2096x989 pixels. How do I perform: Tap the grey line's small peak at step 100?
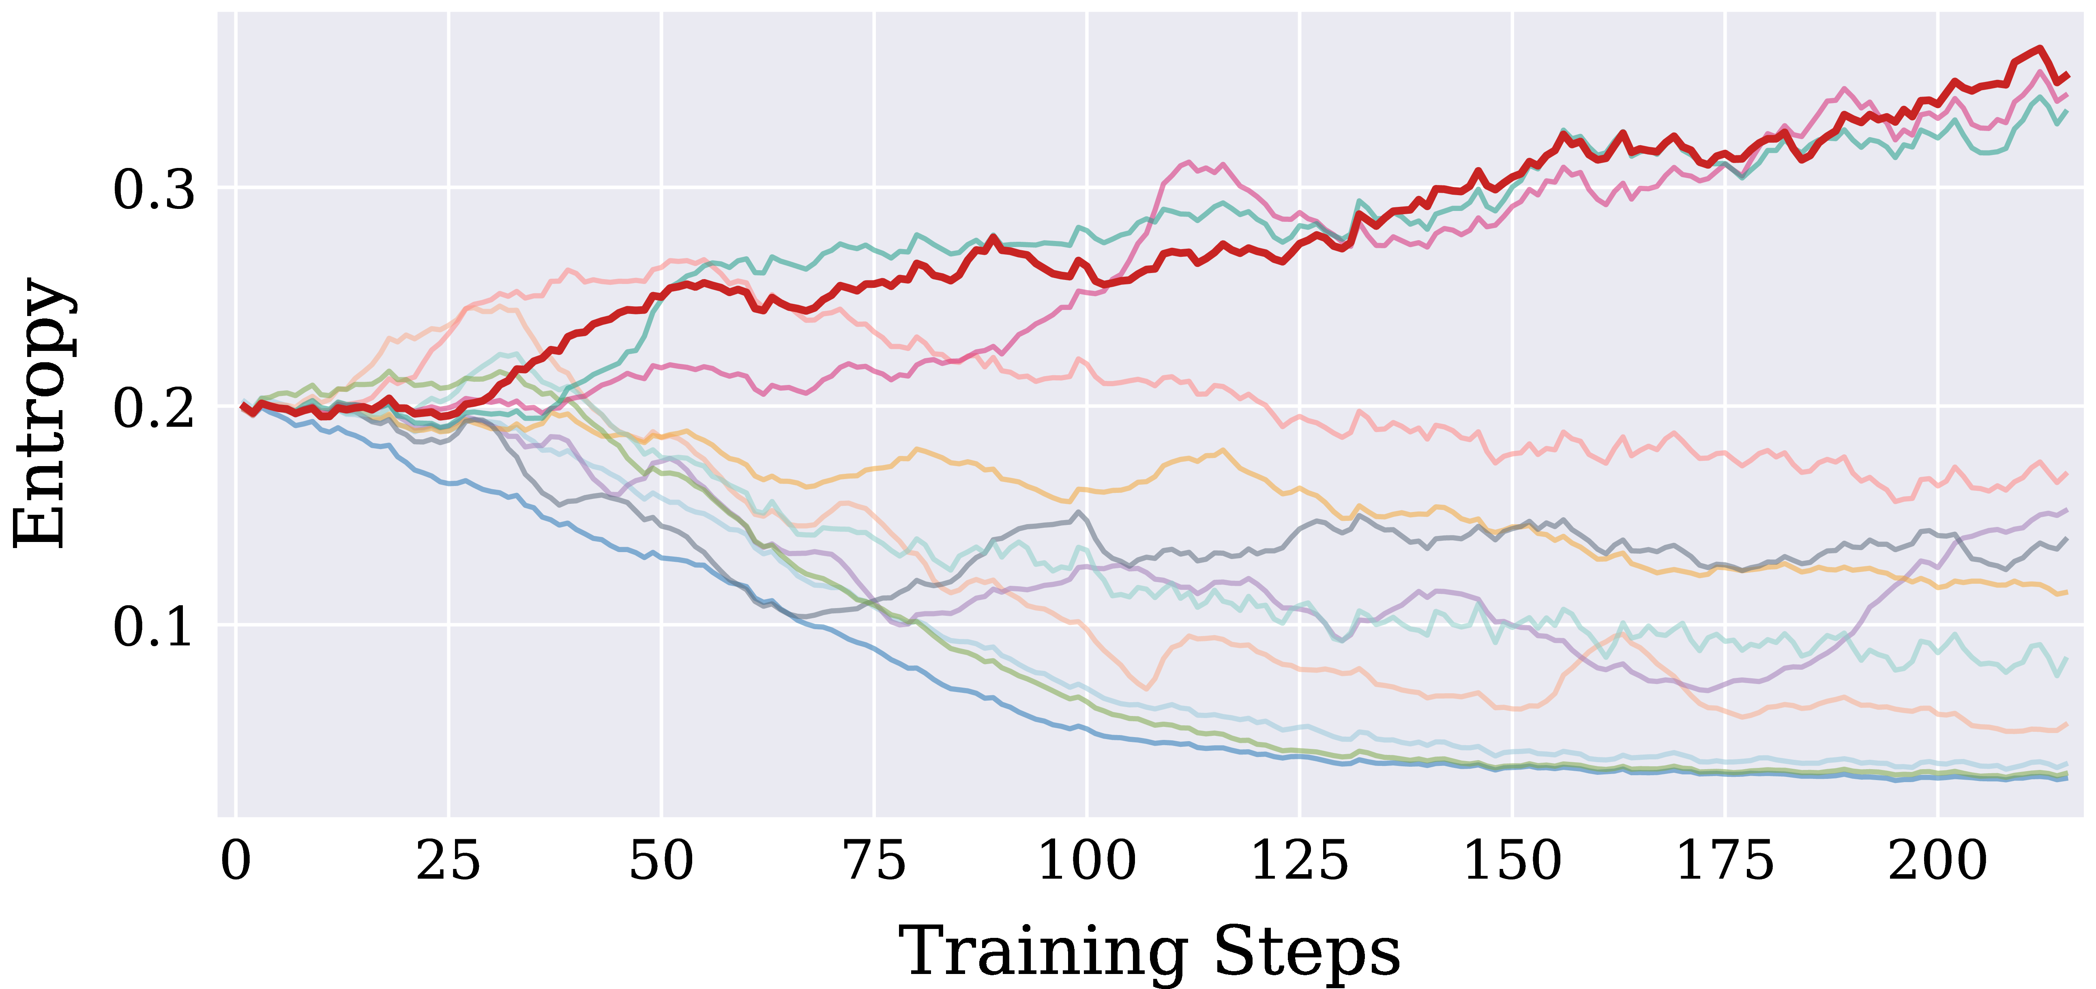tap(1079, 512)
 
